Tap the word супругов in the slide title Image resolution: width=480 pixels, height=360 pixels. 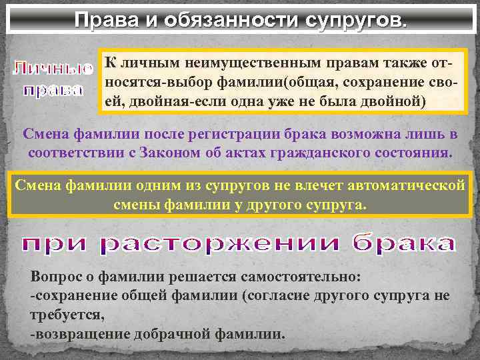pyautogui.click(x=354, y=19)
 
